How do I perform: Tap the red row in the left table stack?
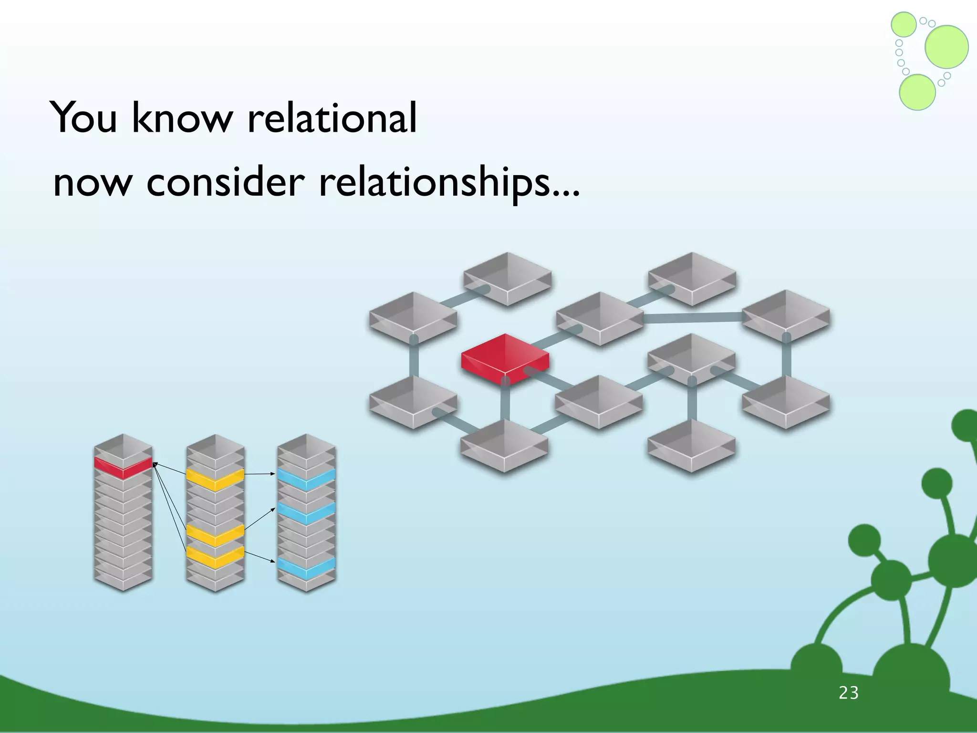(123, 467)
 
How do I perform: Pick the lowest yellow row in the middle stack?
(215, 556)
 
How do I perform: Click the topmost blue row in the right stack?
(306, 479)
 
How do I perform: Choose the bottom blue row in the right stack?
(306, 567)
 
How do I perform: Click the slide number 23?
(849, 693)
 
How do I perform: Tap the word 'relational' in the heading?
(332, 118)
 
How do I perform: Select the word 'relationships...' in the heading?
(449, 183)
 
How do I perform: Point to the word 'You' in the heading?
(84, 118)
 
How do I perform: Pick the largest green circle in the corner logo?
(946, 47)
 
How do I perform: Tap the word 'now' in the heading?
(91, 184)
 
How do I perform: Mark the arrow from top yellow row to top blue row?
(260, 474)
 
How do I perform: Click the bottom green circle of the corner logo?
(917, 93)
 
